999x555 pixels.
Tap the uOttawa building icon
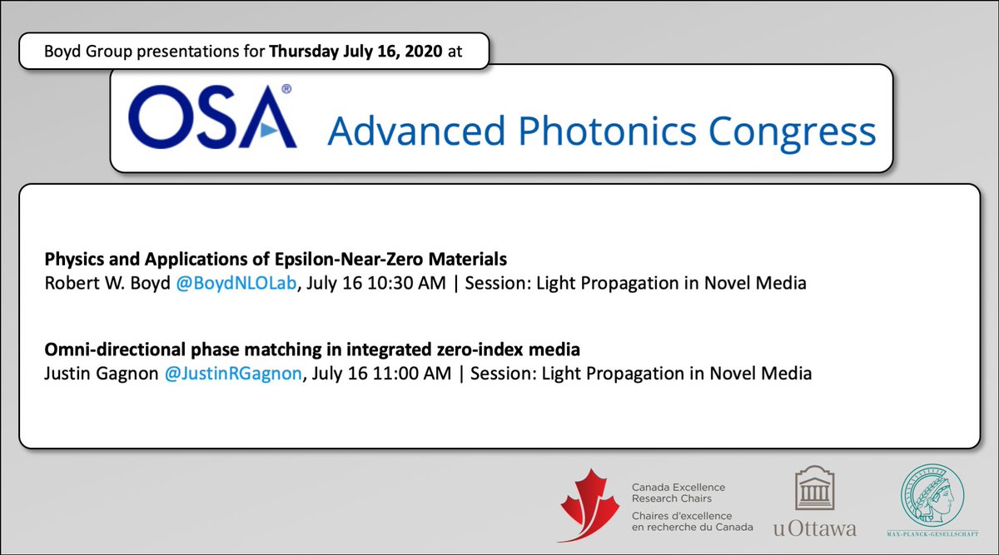(813, 489)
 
